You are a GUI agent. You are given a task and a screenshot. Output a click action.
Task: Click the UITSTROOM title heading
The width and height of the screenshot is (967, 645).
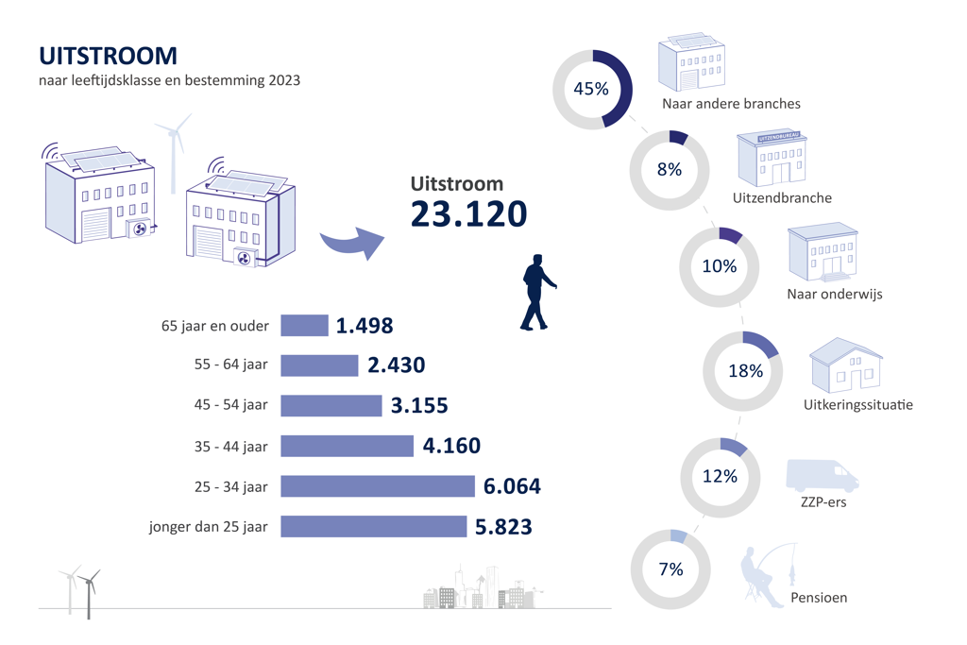click(108, 56)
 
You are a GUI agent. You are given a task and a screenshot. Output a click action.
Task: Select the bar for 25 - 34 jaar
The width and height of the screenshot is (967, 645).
click(377, 486)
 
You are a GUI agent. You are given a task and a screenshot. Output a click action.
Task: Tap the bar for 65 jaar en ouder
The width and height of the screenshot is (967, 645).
click(304, 326)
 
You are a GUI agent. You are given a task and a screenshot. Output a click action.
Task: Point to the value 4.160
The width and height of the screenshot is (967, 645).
click(452, 446)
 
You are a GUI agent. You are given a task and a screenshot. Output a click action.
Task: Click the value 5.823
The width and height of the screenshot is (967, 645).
click(503, 527)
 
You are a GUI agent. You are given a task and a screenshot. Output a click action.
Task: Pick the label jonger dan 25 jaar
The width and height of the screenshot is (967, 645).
click(209, 527)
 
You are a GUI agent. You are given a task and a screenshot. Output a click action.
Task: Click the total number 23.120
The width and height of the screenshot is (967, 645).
click(468, 214)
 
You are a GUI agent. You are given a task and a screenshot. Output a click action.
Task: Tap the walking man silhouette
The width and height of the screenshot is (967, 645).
click(536, 293)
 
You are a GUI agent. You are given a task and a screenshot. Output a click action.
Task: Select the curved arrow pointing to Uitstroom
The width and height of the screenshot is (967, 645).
click(351, 243)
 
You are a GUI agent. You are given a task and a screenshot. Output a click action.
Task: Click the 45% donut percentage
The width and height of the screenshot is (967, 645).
click(591, 90)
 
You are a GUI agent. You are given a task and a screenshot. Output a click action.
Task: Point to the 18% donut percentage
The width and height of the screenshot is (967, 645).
click(745, 371)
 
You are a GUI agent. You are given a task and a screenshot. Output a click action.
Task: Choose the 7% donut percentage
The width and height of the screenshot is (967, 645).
click(670, 569)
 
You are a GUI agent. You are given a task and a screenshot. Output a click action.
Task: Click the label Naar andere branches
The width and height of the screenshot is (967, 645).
click(731, 104)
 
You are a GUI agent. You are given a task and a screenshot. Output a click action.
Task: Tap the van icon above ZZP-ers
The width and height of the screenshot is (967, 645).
click(822, 475)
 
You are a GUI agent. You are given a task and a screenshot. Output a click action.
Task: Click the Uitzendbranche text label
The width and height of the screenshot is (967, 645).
click(782, 198)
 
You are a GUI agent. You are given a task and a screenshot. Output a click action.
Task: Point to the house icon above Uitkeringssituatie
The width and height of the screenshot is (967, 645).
click(846, 366)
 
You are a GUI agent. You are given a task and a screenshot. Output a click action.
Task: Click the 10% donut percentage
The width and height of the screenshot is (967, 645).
click(719, 266)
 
